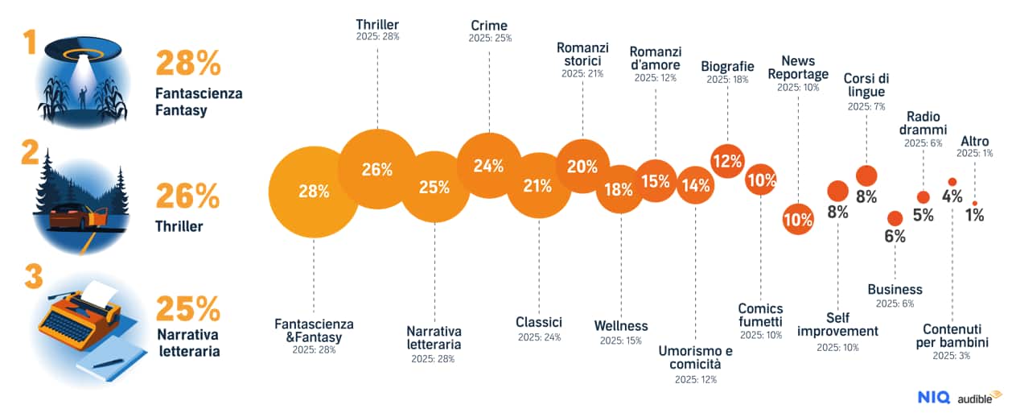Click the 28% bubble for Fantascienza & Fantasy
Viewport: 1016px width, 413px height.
point(313,192)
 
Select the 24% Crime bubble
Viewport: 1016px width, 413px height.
point(489,166)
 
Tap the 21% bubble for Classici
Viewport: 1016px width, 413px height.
point(537,186)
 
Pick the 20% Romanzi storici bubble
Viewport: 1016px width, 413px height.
point(582,167)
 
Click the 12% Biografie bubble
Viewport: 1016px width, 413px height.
point(727,160)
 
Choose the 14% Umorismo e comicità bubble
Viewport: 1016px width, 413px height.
point(695,185)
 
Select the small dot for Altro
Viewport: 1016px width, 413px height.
point(975,203)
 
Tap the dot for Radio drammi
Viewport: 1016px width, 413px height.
point(923,197)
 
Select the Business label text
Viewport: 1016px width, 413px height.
point(895,290)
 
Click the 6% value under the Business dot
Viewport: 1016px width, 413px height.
point(895,236)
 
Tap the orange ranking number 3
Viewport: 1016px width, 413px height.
point(33,278)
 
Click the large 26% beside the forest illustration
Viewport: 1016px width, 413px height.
point(187,196)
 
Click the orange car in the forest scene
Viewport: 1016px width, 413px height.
point(76,217)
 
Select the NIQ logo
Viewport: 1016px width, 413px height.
point(933,397)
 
